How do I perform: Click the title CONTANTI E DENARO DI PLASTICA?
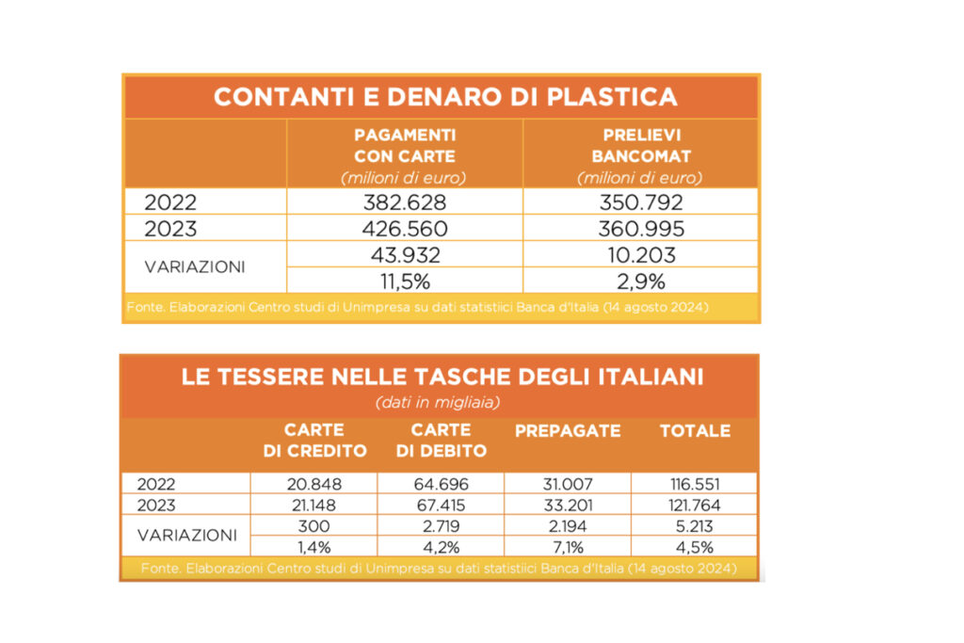pyautogui.click(x=444, y=97)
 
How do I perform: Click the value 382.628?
pyautogui.click(x=404, y=202)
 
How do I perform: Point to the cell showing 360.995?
pyautogui.click(x=639, y=229)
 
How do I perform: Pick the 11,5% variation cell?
pyautogui.click(x=404, y=281)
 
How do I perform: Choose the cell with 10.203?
pyautogui.click(x=639, y=255)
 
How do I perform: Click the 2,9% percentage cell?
pyautogui.click(x=639, y=281)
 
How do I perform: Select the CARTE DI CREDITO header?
pyautogui.click(x=314, y=441)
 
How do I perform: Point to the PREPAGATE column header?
pyautogui.click(x=568, y=431)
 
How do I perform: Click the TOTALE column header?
pyautogui.click(x=695, y=431)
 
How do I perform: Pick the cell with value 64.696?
pyautogui.click(x=441, y=484)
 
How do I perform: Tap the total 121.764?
pyautogui.click(x=695, y=505)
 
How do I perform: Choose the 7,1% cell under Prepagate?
pyautogui.click(x=568, y=546)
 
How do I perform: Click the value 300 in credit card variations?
pyautogui.click(x=313, y=525)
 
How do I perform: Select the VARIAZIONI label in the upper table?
pyautogui.click(x=195, y=266)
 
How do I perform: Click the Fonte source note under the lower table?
pyautogui.click(x=438, y=569)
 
